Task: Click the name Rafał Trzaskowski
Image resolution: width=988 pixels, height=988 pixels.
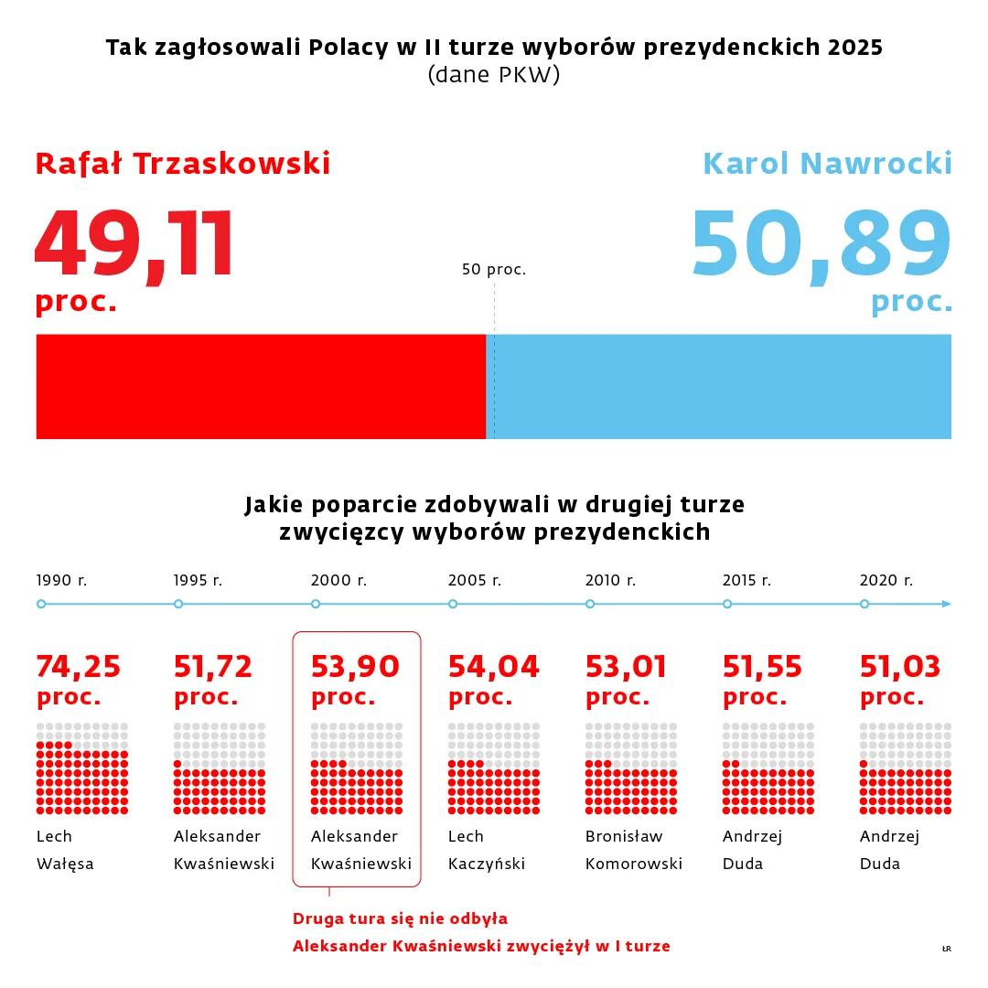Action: pos(183,164)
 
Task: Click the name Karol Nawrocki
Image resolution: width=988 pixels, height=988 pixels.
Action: pos(827,164)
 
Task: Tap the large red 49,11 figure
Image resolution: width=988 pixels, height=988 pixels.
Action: pos(134,244)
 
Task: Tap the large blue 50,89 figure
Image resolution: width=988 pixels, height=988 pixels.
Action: pos(821,244)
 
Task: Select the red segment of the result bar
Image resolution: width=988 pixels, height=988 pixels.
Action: pos(261,386)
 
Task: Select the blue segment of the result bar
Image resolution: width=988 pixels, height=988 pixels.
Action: pos(723,386)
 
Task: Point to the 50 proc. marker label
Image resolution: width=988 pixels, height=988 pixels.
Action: pos(494,270)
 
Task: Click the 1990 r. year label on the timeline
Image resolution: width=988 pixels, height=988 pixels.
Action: pos(61,580)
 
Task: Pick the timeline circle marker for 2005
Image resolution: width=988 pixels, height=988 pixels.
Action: pos(453,604)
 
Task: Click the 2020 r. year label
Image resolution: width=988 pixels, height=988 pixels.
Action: pos(886,580)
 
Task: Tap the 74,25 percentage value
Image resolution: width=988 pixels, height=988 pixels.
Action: pos(79,667)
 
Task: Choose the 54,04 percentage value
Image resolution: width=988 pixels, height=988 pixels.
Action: pos(493,667)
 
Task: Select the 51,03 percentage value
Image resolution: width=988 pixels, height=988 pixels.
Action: pos(900,667)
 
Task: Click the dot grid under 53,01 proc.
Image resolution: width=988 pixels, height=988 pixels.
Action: pos(631,768)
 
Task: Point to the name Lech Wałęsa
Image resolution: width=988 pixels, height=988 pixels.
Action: pos(65,850)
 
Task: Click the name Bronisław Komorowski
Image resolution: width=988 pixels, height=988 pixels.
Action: pos(633,850)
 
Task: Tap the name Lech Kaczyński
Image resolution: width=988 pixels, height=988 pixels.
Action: pos(486,850)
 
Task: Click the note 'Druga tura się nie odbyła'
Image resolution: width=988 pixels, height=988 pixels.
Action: pos(400,918)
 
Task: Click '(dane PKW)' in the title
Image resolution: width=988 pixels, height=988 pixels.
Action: pos(494,76)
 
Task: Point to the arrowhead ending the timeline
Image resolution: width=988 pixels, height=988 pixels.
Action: pos(947,604)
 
